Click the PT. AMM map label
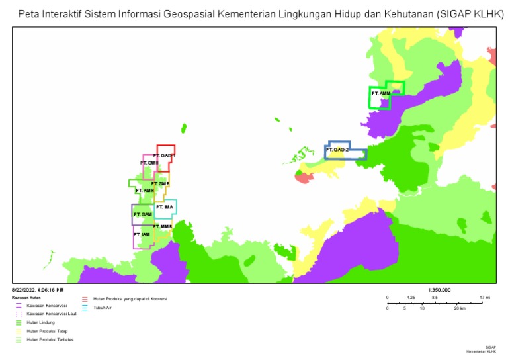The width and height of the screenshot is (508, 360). [381, 93]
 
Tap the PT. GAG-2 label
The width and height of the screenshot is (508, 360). [337, 150]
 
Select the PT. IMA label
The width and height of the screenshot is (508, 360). [164, 207]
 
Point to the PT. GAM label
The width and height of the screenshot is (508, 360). [143, 214]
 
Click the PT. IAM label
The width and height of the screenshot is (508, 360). [142, 234]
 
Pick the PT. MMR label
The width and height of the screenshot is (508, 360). [162, 227]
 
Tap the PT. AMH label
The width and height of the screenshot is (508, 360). [145, 191]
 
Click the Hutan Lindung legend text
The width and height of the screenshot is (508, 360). [40, 322]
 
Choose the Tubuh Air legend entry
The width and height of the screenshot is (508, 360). [101, 308]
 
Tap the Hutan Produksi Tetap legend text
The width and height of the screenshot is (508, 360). [47, 331]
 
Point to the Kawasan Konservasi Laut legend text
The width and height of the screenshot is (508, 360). [52, 314]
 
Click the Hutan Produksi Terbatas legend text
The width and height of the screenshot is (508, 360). [50, 339]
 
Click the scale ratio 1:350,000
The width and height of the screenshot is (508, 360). [439, 290]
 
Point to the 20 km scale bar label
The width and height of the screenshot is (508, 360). [458, 309]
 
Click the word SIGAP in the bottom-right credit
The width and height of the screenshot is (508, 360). [490, 347]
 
